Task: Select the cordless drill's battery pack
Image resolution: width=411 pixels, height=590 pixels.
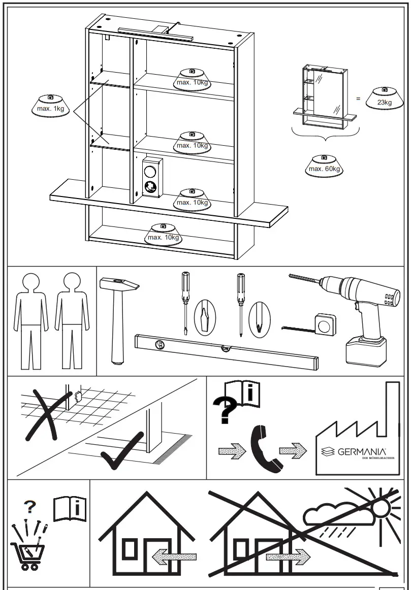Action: click(x=365, y=350)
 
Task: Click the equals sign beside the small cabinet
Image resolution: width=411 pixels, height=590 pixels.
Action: click(x=358, y=99)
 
